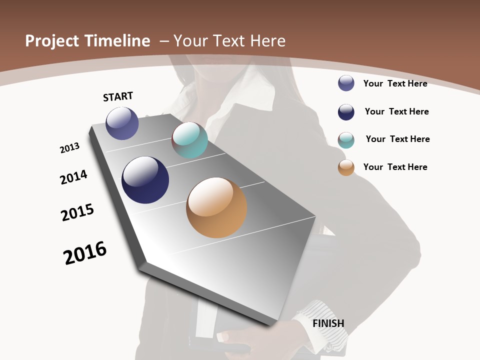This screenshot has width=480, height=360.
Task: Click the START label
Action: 118,96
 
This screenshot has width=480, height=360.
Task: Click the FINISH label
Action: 328,323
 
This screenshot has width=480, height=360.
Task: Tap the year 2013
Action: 69,148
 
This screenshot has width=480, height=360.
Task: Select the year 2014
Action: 73,177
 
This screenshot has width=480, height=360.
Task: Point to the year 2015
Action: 77,212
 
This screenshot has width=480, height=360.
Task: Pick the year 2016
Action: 85,253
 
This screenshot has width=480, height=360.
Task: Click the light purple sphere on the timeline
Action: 122,123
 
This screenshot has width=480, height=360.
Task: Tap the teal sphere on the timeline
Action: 189,140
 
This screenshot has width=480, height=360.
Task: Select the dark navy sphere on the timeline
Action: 145,180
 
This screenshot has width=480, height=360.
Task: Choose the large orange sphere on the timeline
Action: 216,207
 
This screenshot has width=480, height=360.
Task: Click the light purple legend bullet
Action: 346,83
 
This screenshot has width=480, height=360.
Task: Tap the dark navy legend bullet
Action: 346,112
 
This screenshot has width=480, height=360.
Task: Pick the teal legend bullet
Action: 346,140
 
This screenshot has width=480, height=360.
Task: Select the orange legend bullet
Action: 346,167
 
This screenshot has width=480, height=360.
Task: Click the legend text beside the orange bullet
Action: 395,167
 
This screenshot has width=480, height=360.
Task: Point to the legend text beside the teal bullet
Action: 397,139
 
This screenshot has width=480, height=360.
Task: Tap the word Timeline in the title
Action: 117,41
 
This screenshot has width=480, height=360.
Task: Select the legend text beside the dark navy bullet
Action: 396,111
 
